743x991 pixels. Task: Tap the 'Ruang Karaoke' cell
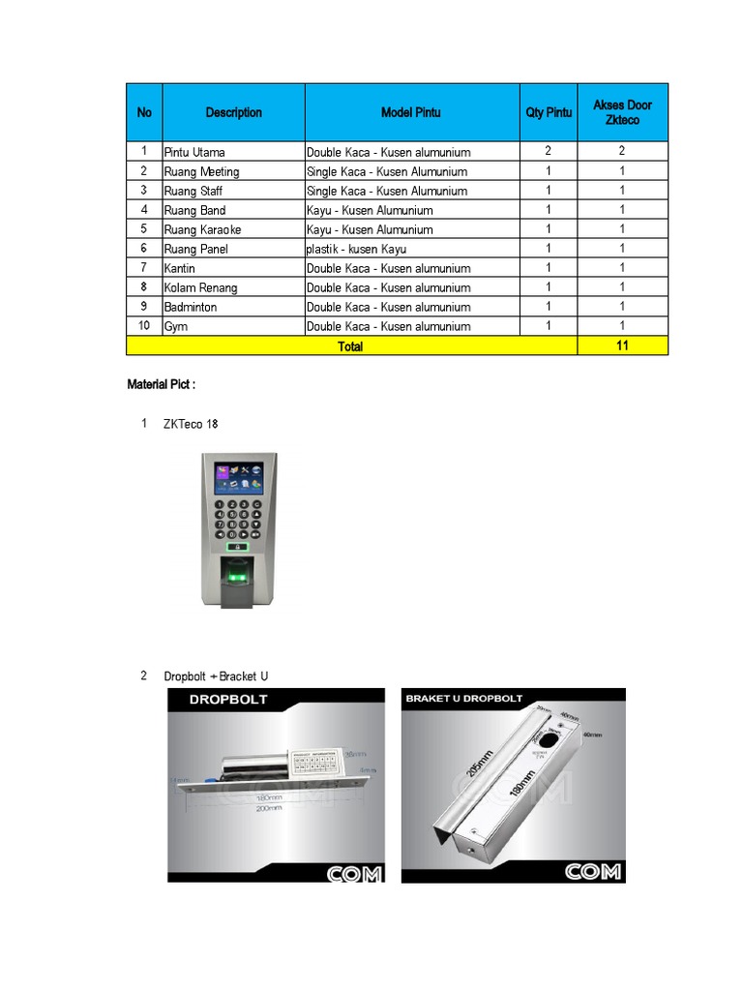202,229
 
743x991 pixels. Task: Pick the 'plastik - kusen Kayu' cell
356,249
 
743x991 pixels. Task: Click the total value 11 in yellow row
622,345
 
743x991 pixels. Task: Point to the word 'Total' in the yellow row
350,345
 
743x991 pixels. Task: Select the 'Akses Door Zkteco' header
622,112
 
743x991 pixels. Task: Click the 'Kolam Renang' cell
200,287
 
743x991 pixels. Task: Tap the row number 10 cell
144,326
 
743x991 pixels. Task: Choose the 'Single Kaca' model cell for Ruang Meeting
386,171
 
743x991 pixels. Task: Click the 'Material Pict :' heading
161,384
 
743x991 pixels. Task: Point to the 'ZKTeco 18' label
191,424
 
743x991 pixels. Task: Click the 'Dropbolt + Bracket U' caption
216,676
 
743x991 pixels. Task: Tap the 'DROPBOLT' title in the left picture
228,699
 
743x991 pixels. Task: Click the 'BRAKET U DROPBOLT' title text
464,698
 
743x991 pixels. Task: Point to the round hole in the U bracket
549,738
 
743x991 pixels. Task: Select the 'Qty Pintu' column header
549,112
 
